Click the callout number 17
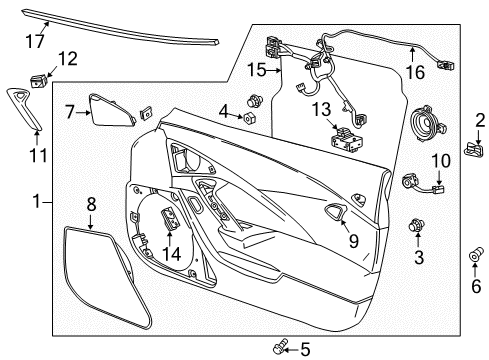(36, 41)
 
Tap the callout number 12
(66, 59)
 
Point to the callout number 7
(70, 112)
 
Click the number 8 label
(91, 203)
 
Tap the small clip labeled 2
(473, 149)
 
